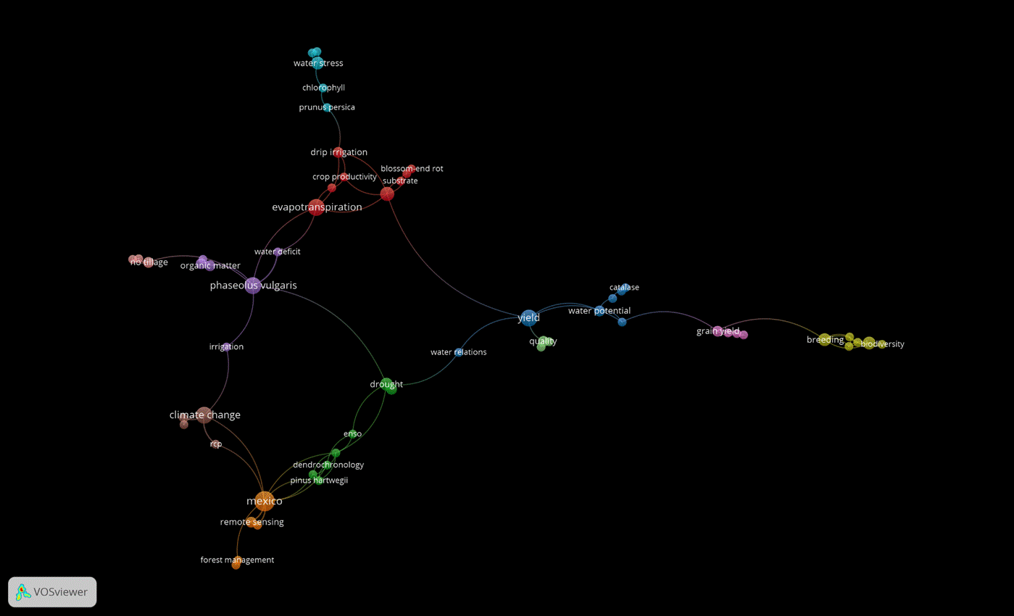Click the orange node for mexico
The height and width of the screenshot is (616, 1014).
(x=264, y=501)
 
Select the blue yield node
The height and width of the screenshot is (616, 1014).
(x=528, y=317)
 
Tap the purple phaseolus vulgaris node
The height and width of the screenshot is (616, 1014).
(x=253, y=286)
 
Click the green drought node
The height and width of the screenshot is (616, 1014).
(x=388, y=385)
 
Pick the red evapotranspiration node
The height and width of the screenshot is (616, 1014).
(x=316, y=207)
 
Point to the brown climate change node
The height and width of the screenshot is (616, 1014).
(x=204, y=415)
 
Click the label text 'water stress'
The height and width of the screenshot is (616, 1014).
(x=318, y=64)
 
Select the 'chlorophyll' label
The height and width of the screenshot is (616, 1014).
(x=323, y=88)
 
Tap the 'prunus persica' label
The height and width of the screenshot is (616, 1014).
(x=327, y=107)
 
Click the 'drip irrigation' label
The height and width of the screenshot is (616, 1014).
(x=338, y=152)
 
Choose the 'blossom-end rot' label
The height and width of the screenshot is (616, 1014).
(x=412, y=169)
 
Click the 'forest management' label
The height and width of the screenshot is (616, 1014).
(x=237, y=559)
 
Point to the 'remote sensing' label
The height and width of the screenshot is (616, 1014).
(x=252, y=522)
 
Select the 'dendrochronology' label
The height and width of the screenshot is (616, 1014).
(x=328, y=465)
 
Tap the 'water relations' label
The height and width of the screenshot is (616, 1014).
(x=458, y=352)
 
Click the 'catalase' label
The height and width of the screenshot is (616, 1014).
(x=624, y=288)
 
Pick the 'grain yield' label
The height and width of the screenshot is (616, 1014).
(x=718, y=331)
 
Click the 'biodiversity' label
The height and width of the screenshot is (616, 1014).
(x=882, y=344)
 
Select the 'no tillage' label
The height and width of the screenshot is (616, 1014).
(x=149, y=262)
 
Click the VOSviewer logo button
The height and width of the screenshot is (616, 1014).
(x=52, y=592)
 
